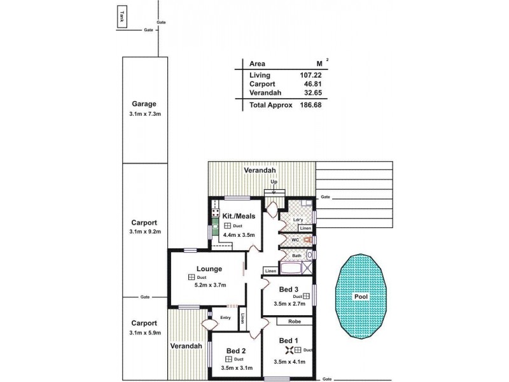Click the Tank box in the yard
tap(122, 18)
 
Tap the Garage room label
tap(144, 104)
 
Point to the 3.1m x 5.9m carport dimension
tap(144, 332)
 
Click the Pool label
tap(361, 297)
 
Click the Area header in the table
tap(258, 64)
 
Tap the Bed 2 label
tap(236, 350)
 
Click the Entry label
tap(226, 318)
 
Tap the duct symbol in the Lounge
tap(191, 278)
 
